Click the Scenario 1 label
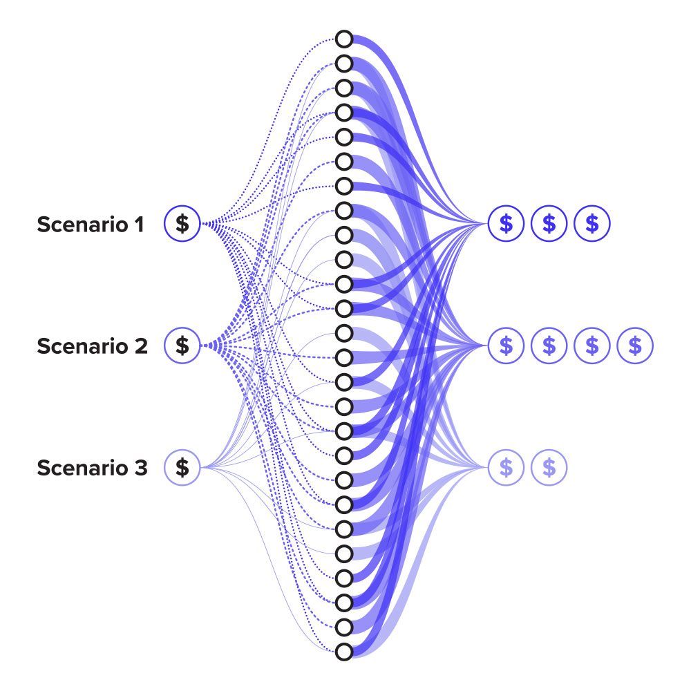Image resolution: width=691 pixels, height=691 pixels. (x=91, y=224)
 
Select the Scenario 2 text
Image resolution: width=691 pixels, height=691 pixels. (x=92, y=346)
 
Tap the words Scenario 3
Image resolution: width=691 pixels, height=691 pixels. (x=92, y=468)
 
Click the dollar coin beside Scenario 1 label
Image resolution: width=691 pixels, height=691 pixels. (x=182, y=224)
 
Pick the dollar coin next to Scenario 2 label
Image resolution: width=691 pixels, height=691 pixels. (x=182, y=345)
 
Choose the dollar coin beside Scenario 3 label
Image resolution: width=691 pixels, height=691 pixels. (x=182, y=468)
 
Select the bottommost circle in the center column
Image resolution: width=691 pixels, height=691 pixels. (x=344, y=651)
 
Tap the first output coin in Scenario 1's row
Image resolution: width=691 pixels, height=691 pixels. (x=507, y=223)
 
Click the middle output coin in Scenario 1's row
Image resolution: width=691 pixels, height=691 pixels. (x=549, y=223)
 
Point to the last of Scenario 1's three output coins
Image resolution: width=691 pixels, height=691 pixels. (x=592, y=223)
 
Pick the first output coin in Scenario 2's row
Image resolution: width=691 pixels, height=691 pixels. (x=507, y=345)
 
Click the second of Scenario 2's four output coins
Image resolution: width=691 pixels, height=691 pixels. (x=549, y=345)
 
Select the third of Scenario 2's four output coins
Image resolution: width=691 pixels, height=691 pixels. (x=592, y=345)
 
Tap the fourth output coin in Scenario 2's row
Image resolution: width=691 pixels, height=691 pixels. (x=635, y=345)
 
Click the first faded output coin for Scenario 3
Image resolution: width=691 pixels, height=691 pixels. (x=507, y=468)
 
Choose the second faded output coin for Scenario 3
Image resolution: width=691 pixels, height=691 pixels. (x=549, y=468)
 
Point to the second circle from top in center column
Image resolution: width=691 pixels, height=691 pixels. (x=344, y=64)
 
